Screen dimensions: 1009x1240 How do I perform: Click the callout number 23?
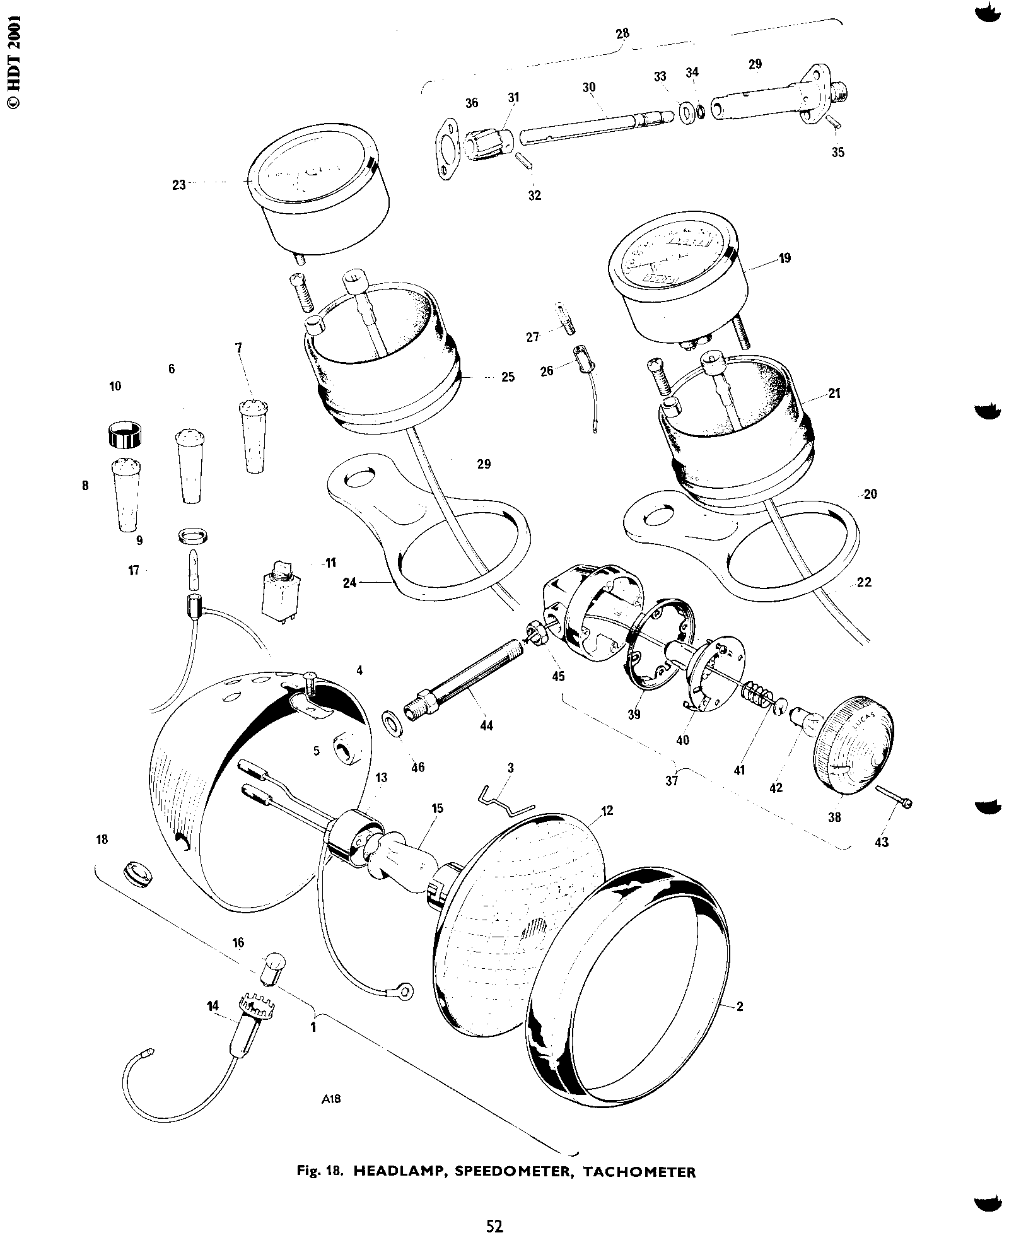(179, 185)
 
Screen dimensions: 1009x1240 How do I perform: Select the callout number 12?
(607, 810)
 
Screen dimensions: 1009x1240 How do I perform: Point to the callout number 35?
(837, 153)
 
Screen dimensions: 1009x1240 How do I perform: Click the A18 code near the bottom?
(331, 1099)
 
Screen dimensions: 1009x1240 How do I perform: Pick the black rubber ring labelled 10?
(124, 434)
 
